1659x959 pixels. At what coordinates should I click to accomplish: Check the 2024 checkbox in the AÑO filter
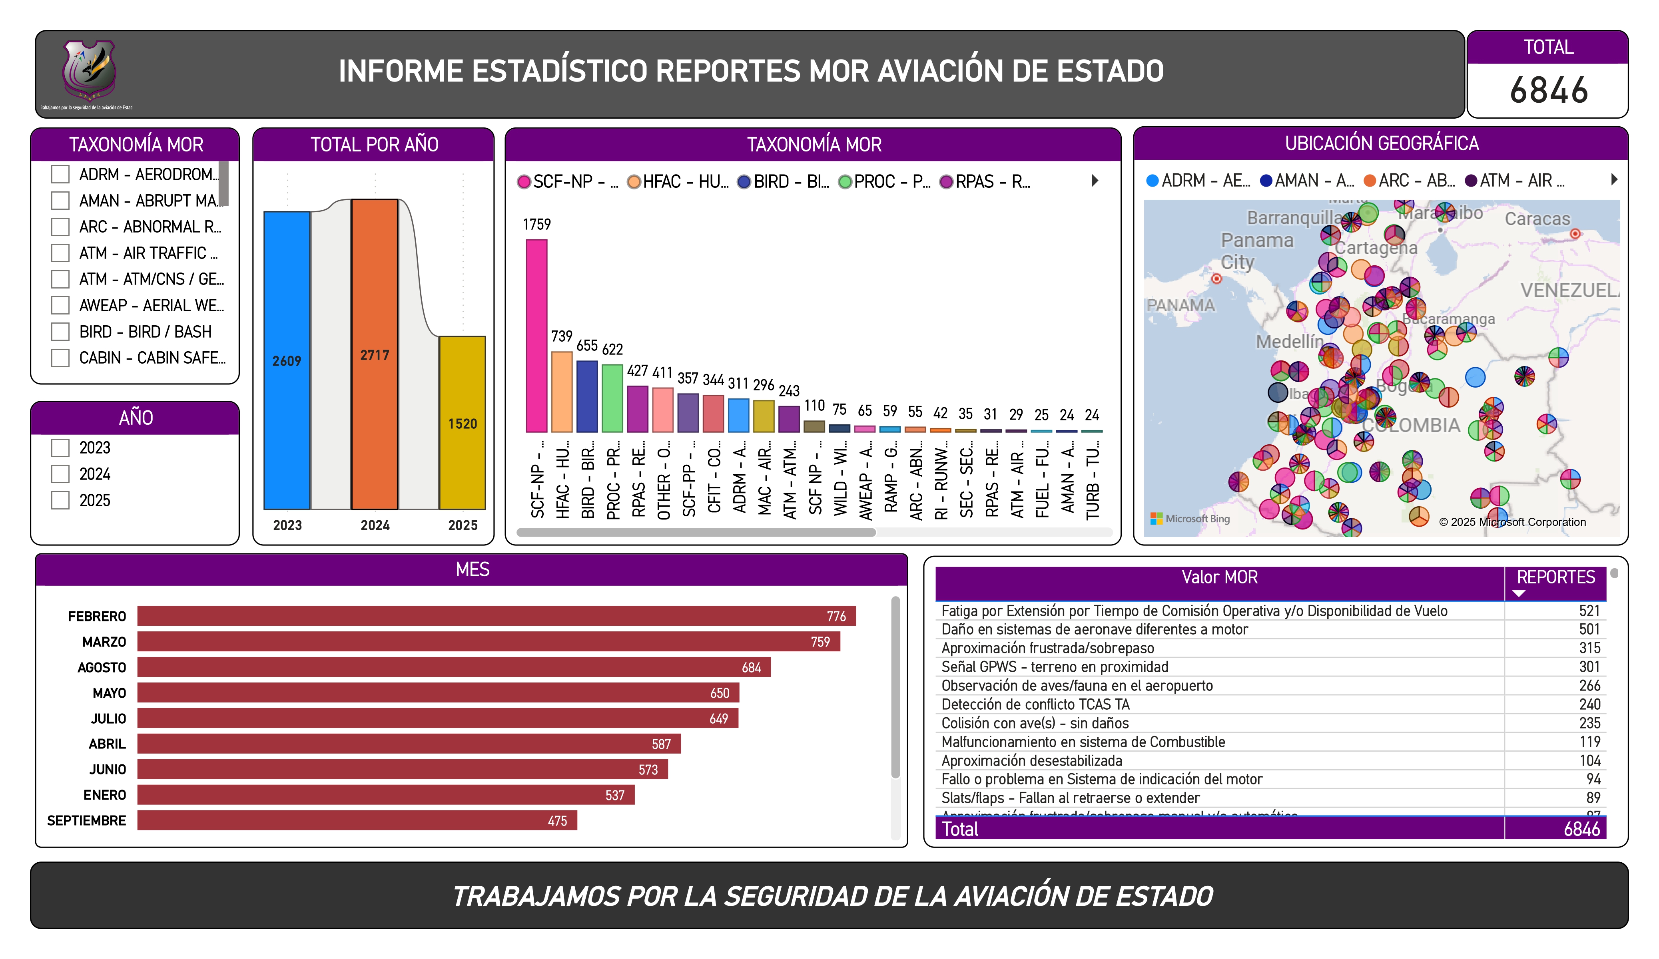(61, 474)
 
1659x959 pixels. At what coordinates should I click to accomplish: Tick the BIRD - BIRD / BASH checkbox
(61, 332)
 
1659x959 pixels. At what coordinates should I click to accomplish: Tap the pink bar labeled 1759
(536, 336)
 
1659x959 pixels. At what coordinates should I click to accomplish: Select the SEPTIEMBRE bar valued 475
(357, 820)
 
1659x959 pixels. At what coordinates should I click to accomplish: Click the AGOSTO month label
(102, 667)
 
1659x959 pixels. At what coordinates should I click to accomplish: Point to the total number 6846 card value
(1548, 90)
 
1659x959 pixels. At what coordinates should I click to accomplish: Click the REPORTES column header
(1555, 578)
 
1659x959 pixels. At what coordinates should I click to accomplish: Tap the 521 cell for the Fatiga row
(1589, 611)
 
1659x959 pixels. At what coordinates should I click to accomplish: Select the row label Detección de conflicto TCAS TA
(1035, 704)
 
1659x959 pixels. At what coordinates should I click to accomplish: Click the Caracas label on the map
(1537, 219)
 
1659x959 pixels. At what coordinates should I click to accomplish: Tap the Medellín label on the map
(1289, 342)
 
